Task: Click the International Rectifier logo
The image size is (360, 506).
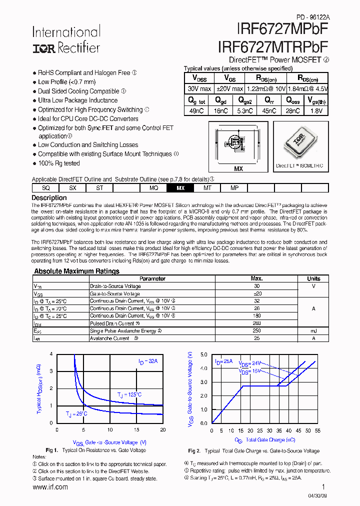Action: (x=66, y=40)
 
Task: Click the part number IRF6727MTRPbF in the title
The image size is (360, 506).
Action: (x=273, y=46)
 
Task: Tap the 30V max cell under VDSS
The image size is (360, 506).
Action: (x=199, y=88)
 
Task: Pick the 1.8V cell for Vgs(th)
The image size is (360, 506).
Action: (x=316, y=111)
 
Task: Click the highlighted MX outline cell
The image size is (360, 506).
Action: (x=180, y=188)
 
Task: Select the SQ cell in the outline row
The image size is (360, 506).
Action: (x=46, y=188)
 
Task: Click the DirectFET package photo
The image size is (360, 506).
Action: (x=299, y=142)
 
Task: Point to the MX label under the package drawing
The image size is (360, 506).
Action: (x=238, y=169)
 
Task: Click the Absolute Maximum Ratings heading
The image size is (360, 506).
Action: (x=76, y=271)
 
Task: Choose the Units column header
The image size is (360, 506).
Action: (x=313, y=278)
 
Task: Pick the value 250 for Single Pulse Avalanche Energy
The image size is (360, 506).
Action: (x=257, y=331)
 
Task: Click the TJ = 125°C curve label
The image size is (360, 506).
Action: (x=129, y=395)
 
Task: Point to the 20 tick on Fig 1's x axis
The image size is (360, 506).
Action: (x=162, y=429)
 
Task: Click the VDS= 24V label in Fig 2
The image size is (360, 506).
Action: (x=250, y=363)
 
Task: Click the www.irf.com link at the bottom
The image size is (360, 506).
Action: (x=50, y=487)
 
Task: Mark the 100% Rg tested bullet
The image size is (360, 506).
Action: (x=59, y=163)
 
